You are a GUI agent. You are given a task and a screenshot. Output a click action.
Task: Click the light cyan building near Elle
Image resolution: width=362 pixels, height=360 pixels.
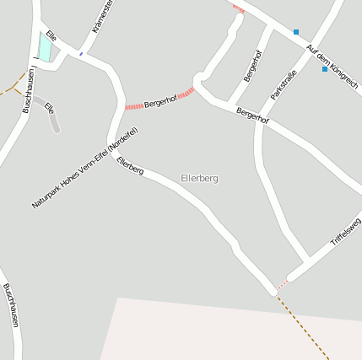click(x=45, y=46)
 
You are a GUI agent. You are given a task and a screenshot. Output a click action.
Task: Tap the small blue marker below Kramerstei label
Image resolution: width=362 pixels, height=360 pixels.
click(x=81, y=53)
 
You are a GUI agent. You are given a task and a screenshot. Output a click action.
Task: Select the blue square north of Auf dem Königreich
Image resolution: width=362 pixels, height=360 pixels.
click(x=296, y=32)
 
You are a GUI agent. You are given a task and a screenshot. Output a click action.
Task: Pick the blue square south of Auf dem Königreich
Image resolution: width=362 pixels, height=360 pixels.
click(x=325, y=69)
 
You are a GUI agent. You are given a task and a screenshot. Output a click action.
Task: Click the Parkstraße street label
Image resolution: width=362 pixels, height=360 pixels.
click(x=284, y=85)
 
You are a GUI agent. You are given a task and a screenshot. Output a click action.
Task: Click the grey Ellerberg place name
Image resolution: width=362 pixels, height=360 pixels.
click(x=199, y=179)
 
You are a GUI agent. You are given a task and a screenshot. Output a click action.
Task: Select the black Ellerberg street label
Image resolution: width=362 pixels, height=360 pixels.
click(x=130, y=165)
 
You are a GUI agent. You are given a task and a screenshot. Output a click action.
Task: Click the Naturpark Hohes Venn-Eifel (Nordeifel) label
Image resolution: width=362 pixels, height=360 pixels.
click(x=84, y=168)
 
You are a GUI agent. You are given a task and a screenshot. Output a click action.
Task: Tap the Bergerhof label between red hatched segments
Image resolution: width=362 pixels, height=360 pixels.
click(x=160, y=101)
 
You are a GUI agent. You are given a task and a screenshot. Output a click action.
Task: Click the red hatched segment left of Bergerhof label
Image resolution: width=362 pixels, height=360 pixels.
click(x=134, y=106)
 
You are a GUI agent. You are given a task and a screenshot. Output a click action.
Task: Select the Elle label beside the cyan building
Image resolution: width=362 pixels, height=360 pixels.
click(x=51, y=36)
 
